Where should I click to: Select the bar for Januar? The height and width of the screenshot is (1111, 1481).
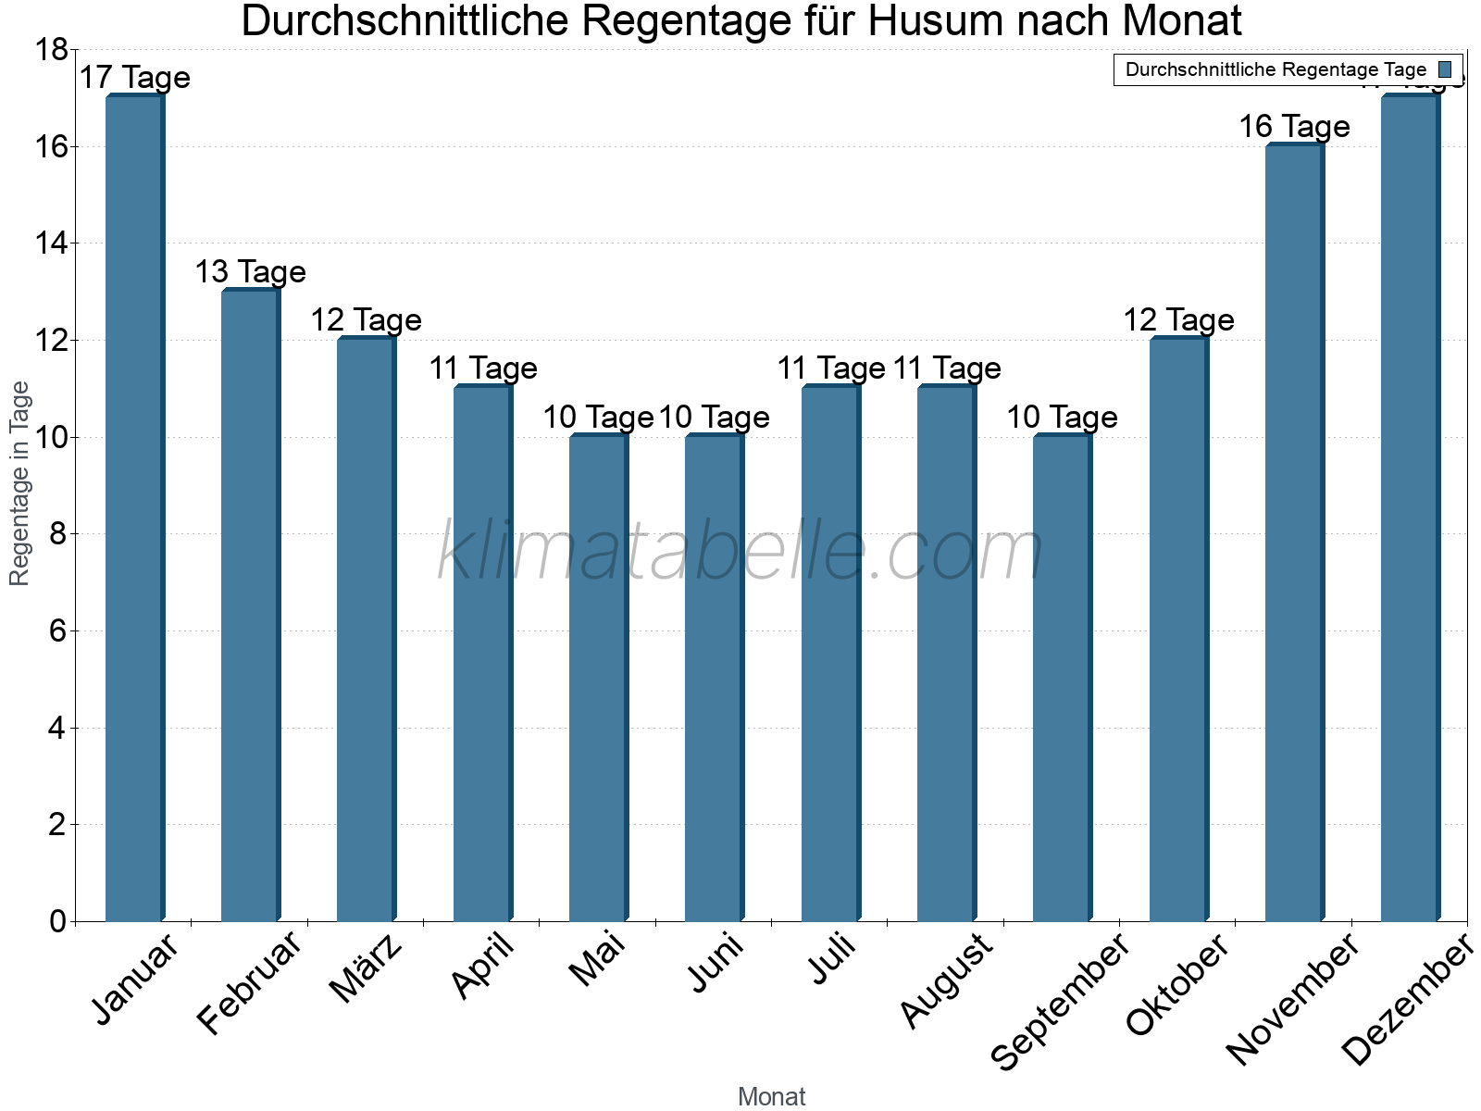pyautogui.click(x=135, y=509)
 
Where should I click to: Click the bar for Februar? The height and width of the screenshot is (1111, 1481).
pyautogui.click(x=251, y=606)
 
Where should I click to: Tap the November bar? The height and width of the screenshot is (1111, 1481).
pyautogui.click(x=1294, y=532)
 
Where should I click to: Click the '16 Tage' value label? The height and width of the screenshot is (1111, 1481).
pyautogui.click(x=1294, y=126)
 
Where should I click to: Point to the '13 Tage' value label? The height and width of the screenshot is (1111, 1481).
pyautogui.click(x=250, y=271)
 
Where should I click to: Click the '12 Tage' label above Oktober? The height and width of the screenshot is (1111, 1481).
pyautogui.click(x=1178, y=320)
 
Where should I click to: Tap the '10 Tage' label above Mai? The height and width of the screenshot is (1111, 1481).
pyautogui.click(x=598, y=417)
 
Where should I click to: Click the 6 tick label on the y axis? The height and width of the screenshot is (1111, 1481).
pyautogui.click(x=57, y=631)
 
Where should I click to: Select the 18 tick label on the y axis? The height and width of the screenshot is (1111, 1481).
pyautogui.click(x=51, y=50)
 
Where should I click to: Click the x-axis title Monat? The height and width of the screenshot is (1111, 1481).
pyautogui.click(x=771, y=1097)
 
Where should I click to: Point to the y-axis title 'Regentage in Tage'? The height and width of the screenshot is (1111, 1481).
pyautogui.click(x=19, y=483)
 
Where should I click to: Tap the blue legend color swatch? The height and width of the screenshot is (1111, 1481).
pyautogui.click(x=1445, y=69)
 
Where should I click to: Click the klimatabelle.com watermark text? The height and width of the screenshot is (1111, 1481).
pyautogui.click(x=740, y=551)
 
